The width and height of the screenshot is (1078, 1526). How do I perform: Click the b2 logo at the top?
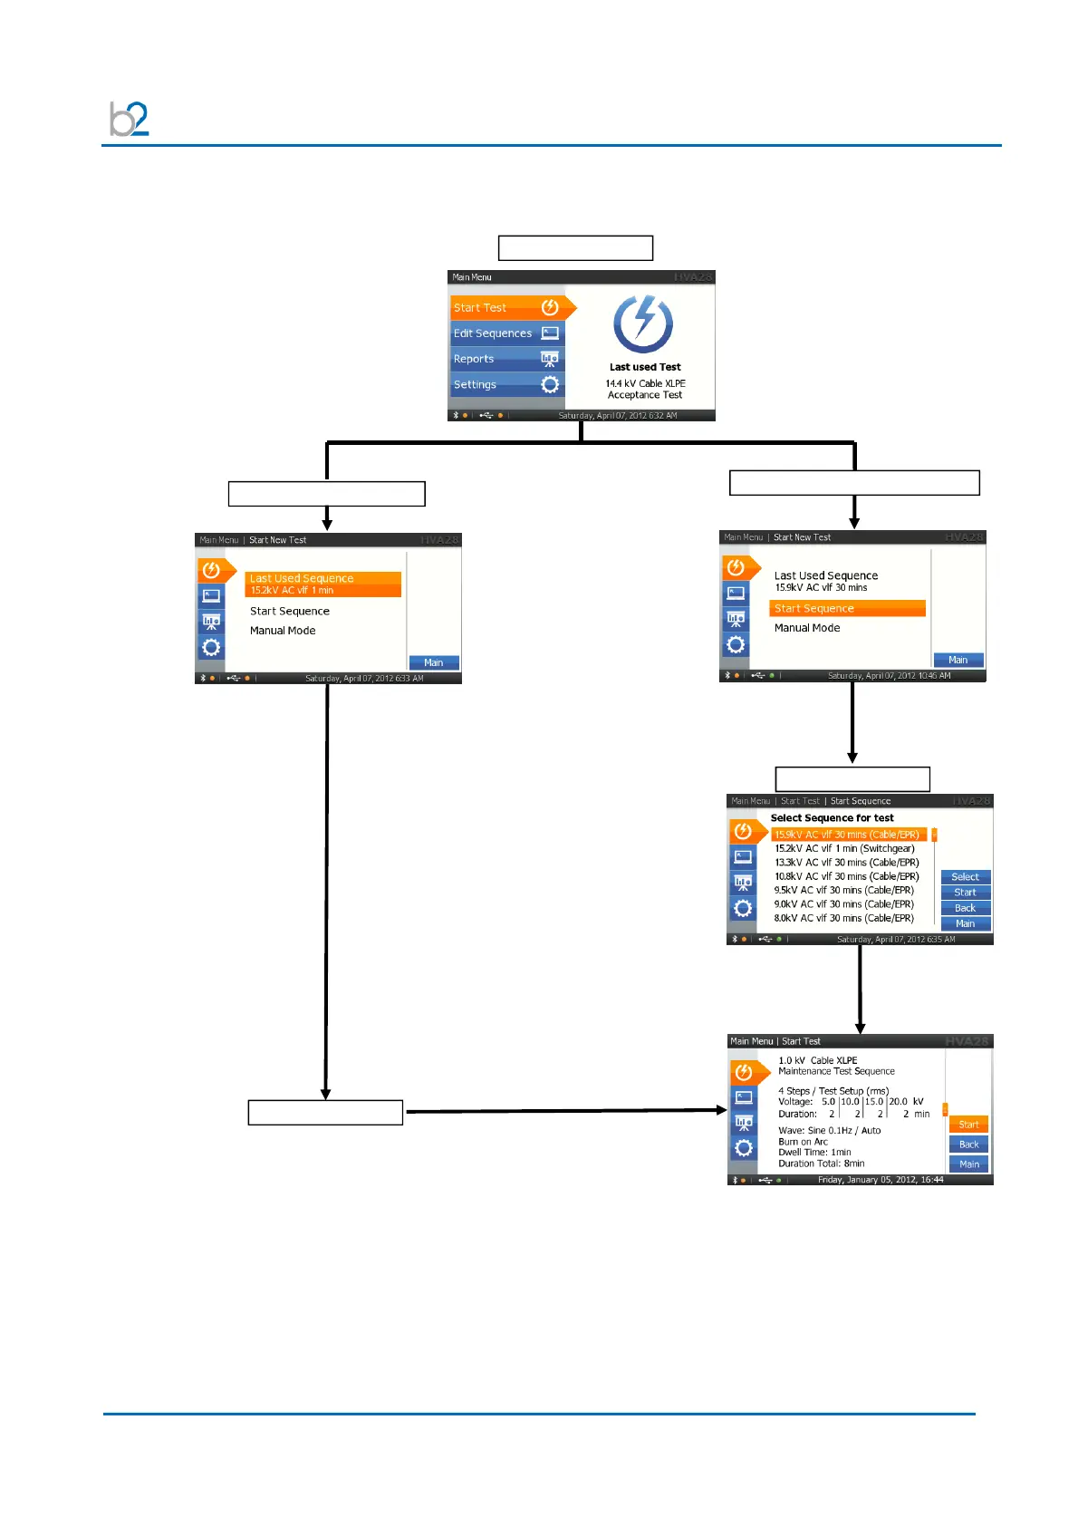[129, 119]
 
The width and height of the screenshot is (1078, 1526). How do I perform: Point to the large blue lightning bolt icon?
[643, 323]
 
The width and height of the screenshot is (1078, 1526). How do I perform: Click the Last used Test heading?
[645, 367]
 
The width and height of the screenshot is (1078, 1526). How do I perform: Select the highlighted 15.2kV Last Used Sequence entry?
[322, 584]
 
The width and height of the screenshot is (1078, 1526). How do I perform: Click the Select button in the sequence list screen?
[965, 877]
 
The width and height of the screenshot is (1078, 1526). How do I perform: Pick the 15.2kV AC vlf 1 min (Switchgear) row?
[844, 849]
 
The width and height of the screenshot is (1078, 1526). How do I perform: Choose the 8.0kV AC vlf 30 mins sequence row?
[843, 918]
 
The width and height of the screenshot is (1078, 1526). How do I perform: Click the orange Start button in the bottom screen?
[968, 1125]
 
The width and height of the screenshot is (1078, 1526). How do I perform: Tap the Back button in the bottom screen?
[968, 1144]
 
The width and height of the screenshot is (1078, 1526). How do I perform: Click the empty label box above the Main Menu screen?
[575, 247]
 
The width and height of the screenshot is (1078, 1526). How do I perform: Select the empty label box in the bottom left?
[325, 1112]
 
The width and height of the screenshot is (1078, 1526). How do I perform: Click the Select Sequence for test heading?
[832, 817]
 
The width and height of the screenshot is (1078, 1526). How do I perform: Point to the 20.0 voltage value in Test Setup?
[898, 1102]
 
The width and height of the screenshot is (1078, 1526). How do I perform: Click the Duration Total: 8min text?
[821, 1164]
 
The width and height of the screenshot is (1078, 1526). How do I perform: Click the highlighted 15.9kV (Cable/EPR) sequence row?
[848, 835]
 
